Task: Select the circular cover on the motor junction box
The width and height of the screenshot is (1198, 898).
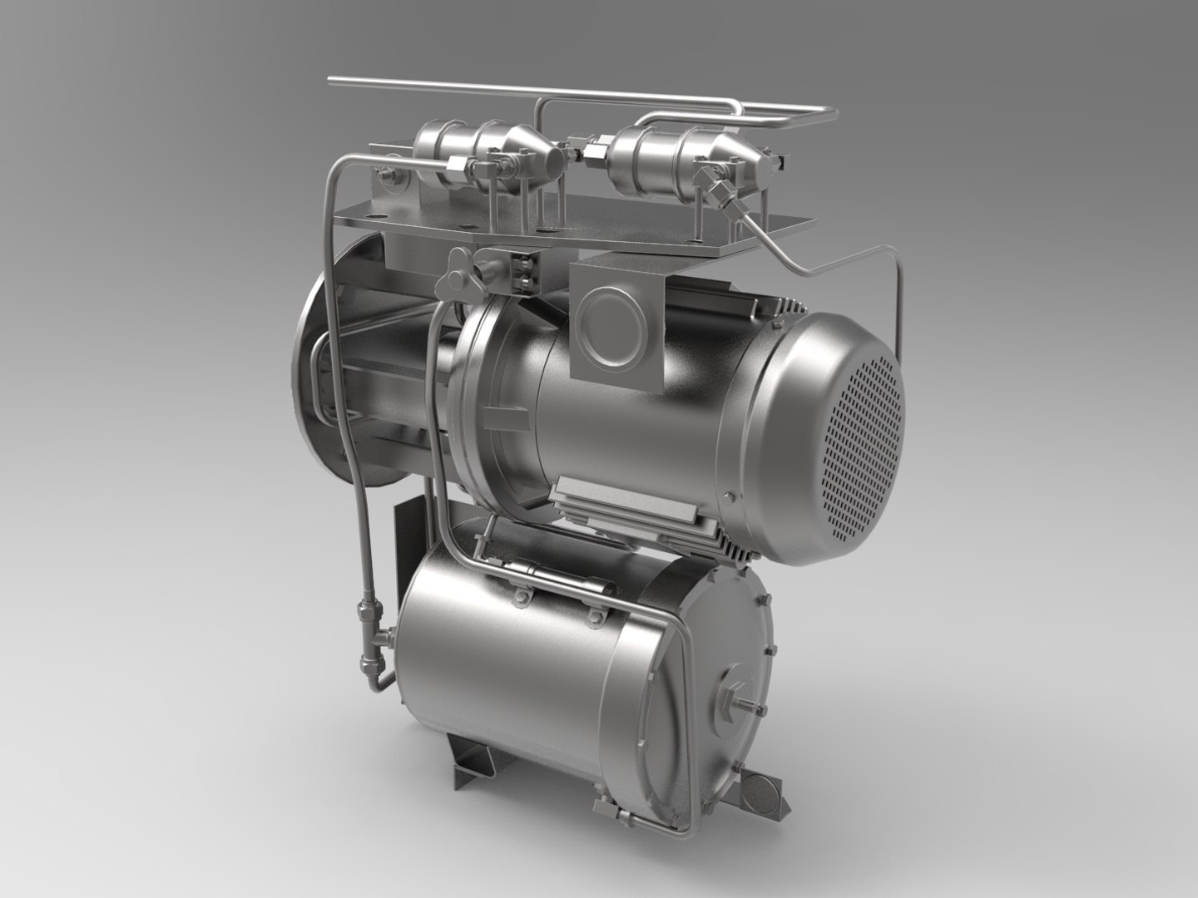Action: (610, 320)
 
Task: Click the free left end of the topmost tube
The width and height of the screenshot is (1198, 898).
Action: (333, 81)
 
